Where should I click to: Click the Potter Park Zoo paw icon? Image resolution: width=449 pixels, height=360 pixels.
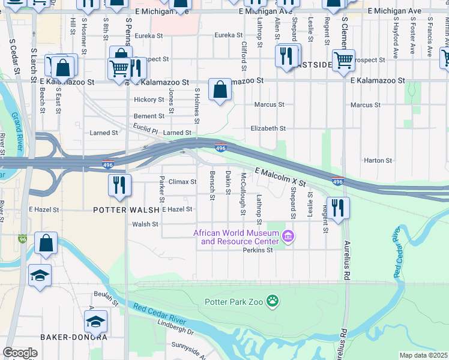coord(273,300)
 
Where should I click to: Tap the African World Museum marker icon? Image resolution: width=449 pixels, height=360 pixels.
coord(288,238)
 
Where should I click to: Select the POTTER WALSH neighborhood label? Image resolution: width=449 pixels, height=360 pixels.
coord(126,210)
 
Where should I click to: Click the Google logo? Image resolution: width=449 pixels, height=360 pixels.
coord(20,353)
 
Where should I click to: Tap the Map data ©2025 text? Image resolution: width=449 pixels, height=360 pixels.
coord(423,355)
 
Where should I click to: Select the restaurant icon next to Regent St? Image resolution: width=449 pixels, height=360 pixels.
coord(339,208)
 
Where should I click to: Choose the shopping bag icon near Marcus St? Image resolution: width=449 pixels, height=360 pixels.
coord(220,90)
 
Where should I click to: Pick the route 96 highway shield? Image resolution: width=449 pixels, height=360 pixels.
coord(23,239)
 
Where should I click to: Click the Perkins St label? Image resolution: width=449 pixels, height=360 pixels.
coord(258,250)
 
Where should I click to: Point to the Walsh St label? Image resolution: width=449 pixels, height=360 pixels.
coord(145,224)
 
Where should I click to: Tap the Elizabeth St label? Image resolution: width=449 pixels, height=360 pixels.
coord(268,128)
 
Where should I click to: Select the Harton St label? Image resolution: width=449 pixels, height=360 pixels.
coord(378,161)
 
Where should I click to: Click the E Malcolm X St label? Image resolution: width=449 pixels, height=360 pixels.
coord(280,176)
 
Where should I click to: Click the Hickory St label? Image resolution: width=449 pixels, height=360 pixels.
coord(149,100)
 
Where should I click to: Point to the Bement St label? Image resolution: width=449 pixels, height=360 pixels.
coord(149,116)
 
